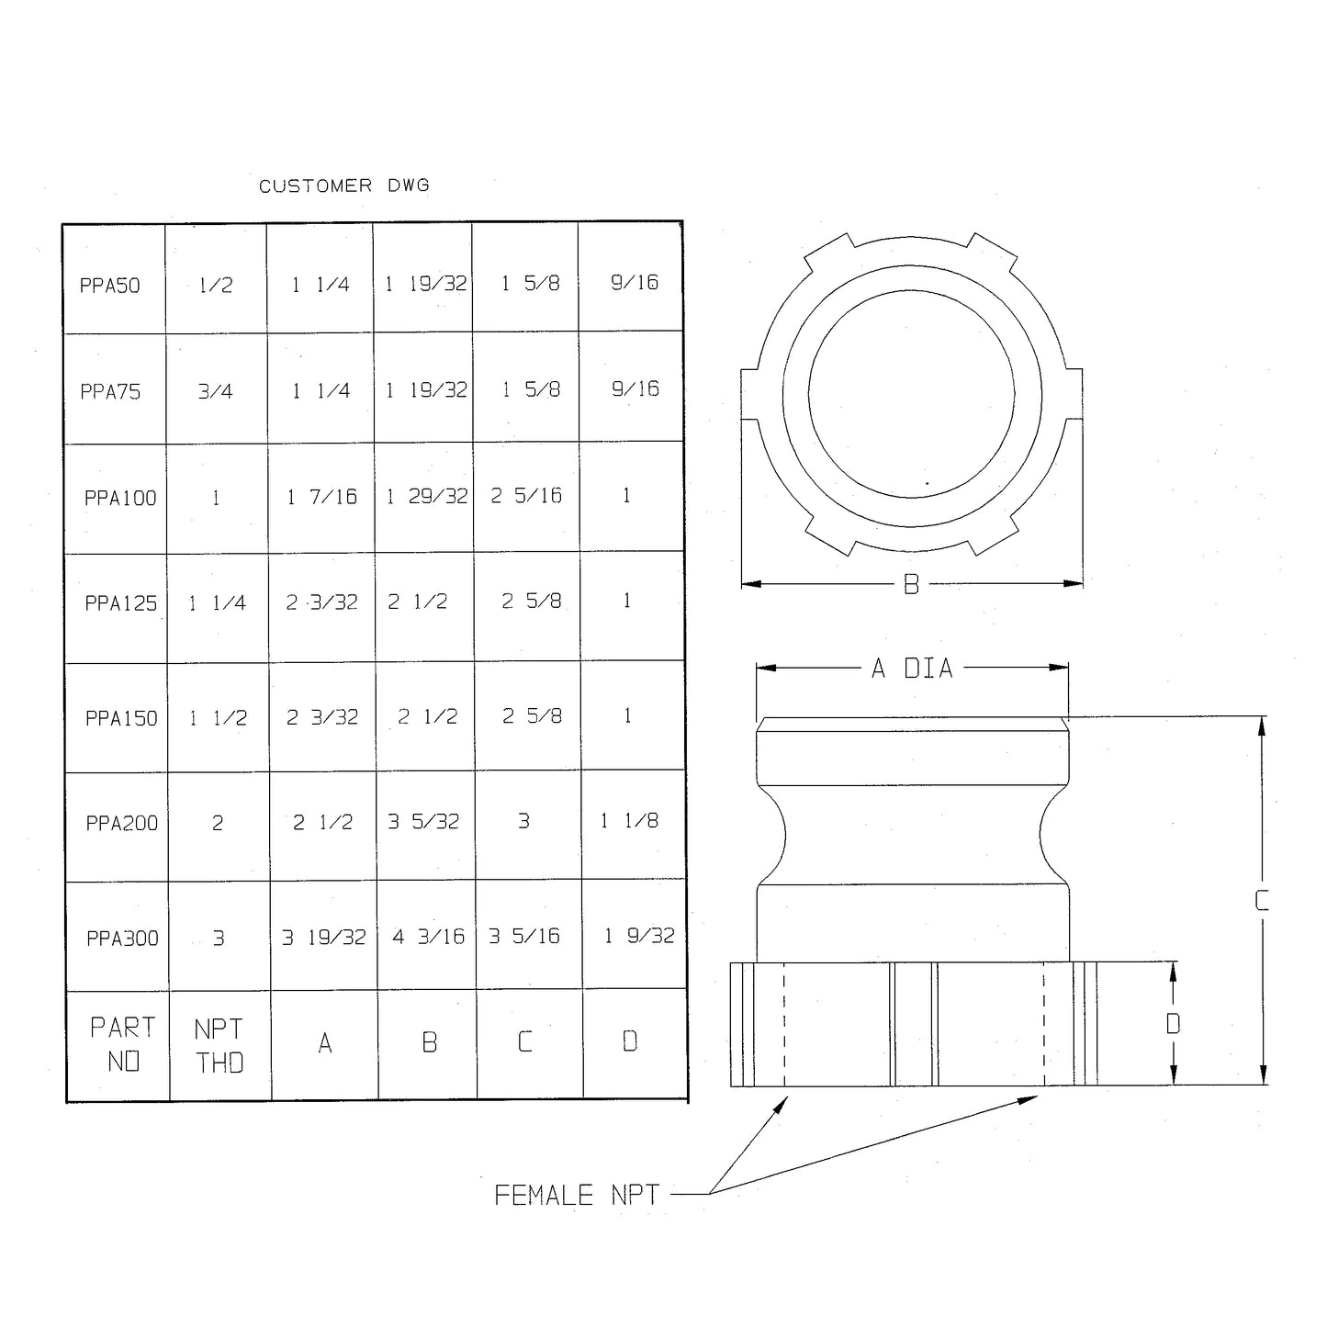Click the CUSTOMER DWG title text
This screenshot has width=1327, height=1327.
[x=343, y=186]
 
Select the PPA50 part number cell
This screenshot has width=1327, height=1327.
[x=110, y=286]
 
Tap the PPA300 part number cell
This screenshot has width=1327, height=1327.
[x=122, y=939]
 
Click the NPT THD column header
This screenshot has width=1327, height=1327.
[x=219, y=1046]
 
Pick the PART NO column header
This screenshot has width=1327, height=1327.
[x=123, y=1045]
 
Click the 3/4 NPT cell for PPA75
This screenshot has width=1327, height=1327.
[x=215, y=392]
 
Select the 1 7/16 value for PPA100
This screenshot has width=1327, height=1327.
[x=321, y=498]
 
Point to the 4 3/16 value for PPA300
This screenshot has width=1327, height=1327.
[x=428, y=937]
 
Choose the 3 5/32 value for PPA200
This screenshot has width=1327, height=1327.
[x=423, y=822]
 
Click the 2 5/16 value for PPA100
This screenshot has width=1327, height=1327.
[x=526, y=496]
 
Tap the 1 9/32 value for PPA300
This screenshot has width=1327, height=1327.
[x=638, y=936]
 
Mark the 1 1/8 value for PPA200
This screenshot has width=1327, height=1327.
[x=629, y=821]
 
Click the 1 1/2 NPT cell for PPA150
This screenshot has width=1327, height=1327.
[x=218, y=718]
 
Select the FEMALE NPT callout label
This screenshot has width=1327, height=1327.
[x=577, y=1196]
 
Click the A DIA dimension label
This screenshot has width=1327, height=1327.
[x=912, y=669]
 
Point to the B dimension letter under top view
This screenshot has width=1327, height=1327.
[x=911, y=584]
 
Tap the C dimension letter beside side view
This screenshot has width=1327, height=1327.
[x=1262, y=901]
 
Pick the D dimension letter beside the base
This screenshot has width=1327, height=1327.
[x=1173, y=1024]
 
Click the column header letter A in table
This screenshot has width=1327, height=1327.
[x=325, y=1043]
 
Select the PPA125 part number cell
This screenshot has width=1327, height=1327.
[x=121, y=603]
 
